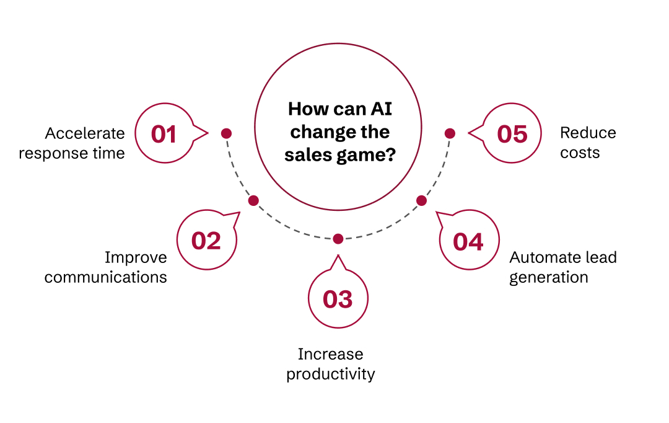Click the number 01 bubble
[x=164, y=134]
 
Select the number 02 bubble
[x=206, y=241]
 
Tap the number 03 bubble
[x=338, y=299]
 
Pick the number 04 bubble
[x=468, y=241]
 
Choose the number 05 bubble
[x=512, y=134]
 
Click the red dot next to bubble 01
[x=226, y=133]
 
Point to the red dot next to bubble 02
[x=253, y=200]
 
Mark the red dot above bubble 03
[x=338, y=239]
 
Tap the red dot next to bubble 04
[x=421, y=200]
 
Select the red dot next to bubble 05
[x=450, y=133]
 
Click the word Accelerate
[x=85, y=133]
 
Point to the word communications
[x=105, y=277]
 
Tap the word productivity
[x=331, y=375]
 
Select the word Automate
[x=537, y=257]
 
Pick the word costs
[x=580, y=153]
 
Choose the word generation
[x=549, y=277]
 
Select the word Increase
[x=331, y=354]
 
